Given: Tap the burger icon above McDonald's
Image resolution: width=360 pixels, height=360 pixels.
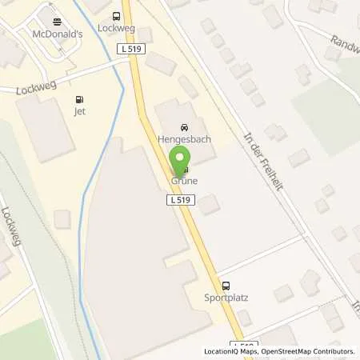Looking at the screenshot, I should (x=56, y=22).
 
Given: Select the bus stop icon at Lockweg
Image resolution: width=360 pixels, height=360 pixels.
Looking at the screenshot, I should (x=117, y=16).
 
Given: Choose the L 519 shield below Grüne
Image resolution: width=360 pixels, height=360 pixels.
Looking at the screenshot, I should (x=179, y=200).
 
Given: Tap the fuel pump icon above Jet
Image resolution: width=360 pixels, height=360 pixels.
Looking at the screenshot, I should (x=78, y=100).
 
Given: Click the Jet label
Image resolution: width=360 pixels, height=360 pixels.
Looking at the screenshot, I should (x=78, y=112).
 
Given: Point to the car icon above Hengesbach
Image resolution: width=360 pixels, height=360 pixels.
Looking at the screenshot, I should (x=184, y=126).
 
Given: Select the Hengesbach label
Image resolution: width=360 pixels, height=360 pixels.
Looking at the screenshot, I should (x=184, y=138).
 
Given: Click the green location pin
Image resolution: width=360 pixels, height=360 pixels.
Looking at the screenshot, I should (x=183, y=159).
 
